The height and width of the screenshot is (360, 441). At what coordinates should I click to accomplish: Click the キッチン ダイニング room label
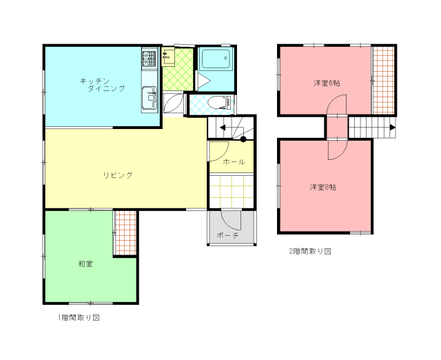click(x=103, y=85)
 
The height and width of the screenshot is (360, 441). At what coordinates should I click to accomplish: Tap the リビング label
click(x=118, y=175)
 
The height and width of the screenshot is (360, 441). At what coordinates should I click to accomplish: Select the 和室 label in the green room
click(x=85, y=264)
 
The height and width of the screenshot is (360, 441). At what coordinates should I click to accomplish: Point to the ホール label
click(x=234, y=162)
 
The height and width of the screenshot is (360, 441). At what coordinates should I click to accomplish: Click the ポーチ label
click(x=228, y=235)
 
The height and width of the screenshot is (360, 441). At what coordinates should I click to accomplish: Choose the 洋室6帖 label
click(x=327, y=83)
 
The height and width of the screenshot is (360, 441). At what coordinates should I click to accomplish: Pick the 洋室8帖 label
click(x=323, y=187)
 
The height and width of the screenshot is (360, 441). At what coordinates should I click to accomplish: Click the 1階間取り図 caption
click(x=79, y=318)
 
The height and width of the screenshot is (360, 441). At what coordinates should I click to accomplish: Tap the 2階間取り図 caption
click(x=310, y=251)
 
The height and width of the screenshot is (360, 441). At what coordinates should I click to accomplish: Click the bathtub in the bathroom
click(x=216, y=59)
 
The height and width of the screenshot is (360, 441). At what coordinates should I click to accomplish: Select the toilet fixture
click(x=220, y=103)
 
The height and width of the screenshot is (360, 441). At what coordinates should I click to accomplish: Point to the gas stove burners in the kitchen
click(x=149, y=59)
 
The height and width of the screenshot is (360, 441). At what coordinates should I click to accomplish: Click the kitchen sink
click(x=150, y=97)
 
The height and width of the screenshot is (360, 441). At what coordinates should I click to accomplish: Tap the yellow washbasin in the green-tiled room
click(x=168, y=57)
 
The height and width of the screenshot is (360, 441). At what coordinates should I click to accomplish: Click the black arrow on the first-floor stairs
click(x=223, y=128)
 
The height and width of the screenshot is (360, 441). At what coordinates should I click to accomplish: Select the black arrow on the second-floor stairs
click(x=393, y=127)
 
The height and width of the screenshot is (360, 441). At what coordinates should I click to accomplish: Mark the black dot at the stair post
click(x=243, y=139)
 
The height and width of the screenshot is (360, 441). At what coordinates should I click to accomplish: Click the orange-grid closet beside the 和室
click(x=125, y=233)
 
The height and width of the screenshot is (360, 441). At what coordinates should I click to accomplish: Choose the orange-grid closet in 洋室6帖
click(x=384, y=80)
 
